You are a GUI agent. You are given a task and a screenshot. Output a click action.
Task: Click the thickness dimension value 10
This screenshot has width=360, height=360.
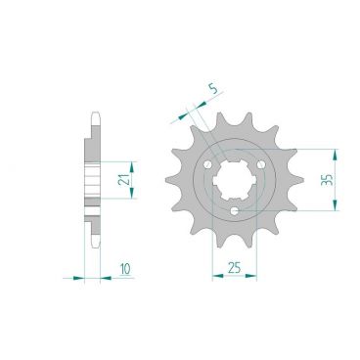click(124, 267)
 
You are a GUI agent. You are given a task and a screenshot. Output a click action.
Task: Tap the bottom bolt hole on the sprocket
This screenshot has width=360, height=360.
click(237, 208)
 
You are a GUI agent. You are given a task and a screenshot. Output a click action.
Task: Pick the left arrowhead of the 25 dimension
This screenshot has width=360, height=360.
click(215, 278)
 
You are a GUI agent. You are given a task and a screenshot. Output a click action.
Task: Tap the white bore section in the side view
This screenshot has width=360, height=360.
click(93, 178)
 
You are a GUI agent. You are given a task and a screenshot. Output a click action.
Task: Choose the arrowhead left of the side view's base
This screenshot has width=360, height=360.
click(80, 278)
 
